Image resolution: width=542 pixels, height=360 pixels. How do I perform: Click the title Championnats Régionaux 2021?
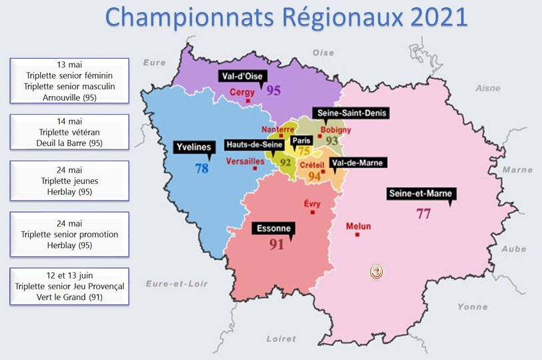pyautogui.click(x=287, y=18)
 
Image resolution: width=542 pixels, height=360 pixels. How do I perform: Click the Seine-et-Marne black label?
pyautogui.click(x=421, y=194)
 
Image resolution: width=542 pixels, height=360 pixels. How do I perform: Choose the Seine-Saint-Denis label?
pyautogui.click(x=352, y=113)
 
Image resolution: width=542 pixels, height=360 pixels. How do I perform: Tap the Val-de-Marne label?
pyautogui.click(x=358, y=162)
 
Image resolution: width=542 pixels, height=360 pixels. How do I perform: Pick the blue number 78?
pyautogui.click(x=201, y=169)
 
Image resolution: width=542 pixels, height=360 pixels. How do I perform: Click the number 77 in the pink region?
pyautogui.click(x=423, y=214)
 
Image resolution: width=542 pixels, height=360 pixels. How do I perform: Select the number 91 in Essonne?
pyautogui.click(x=276, y=245)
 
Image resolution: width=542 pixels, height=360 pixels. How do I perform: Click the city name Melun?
pyautogui.click(x=358, y=227)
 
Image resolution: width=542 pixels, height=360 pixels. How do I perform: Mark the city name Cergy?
pyautogui.click(x=241, y=93)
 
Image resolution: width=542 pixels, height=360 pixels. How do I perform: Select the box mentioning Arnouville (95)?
pyautogui.click(x=69, y=81)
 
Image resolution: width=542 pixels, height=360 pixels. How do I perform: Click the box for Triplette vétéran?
pyautogui.click(x=69, y=132)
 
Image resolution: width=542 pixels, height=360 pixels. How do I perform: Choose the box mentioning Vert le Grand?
pyautogui.click(x=69, y=286)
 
